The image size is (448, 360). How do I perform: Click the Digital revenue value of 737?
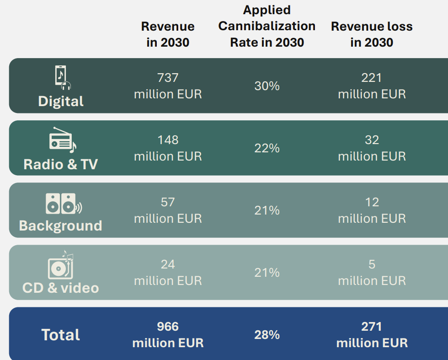click(x=168, y=78)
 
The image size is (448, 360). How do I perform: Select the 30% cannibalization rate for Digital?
click(x=267, y=86)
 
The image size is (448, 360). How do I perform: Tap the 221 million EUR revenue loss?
click(x=372, y=86)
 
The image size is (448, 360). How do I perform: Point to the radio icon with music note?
click(x=62, y=140)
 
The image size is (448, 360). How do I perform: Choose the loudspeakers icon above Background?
click(x=63, y=204)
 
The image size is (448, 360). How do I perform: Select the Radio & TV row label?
click(x=61, y=164)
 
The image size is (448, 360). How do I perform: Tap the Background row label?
click(x=61, y=226)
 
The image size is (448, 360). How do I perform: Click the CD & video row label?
click(x=61, y=288)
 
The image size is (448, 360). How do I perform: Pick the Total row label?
click(x=61, y=335)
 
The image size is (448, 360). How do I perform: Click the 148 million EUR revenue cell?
click(x=168, y=148)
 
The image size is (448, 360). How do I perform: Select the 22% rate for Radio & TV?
click(x=267, y=148)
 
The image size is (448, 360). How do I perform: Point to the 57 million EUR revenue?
click(x=168, y=210)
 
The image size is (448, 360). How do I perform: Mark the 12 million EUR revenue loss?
click(x=372, y=210)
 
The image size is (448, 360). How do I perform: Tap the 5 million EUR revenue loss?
click(x=372, y=272)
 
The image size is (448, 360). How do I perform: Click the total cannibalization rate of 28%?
click(x=267, y=335)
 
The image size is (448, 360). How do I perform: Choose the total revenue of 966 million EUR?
click(x=168, y=334)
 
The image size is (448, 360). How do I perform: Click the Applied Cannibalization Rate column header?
click(x=267, y=26)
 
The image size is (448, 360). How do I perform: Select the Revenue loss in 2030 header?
click(x=372, y=34)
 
